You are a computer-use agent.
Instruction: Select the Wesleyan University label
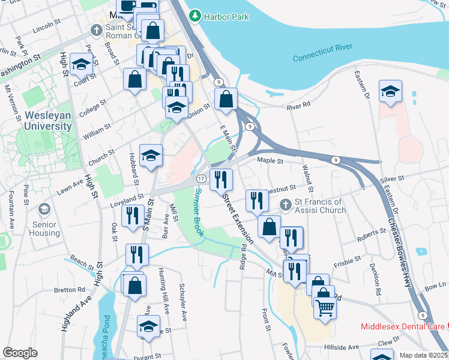tap(48, 120)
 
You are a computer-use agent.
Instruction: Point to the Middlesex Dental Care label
tap(403, 326)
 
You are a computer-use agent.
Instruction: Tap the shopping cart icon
tap(325, 307)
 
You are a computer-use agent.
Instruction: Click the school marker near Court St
tap(82, 65)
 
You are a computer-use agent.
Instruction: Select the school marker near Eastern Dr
tap(390, 91)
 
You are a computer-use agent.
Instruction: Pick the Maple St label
tap(269, 161)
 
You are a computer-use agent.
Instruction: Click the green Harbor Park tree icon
tap(194, 16)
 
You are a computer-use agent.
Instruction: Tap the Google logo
tap(20, 353)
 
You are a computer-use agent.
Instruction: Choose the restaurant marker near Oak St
tap(132, 216)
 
